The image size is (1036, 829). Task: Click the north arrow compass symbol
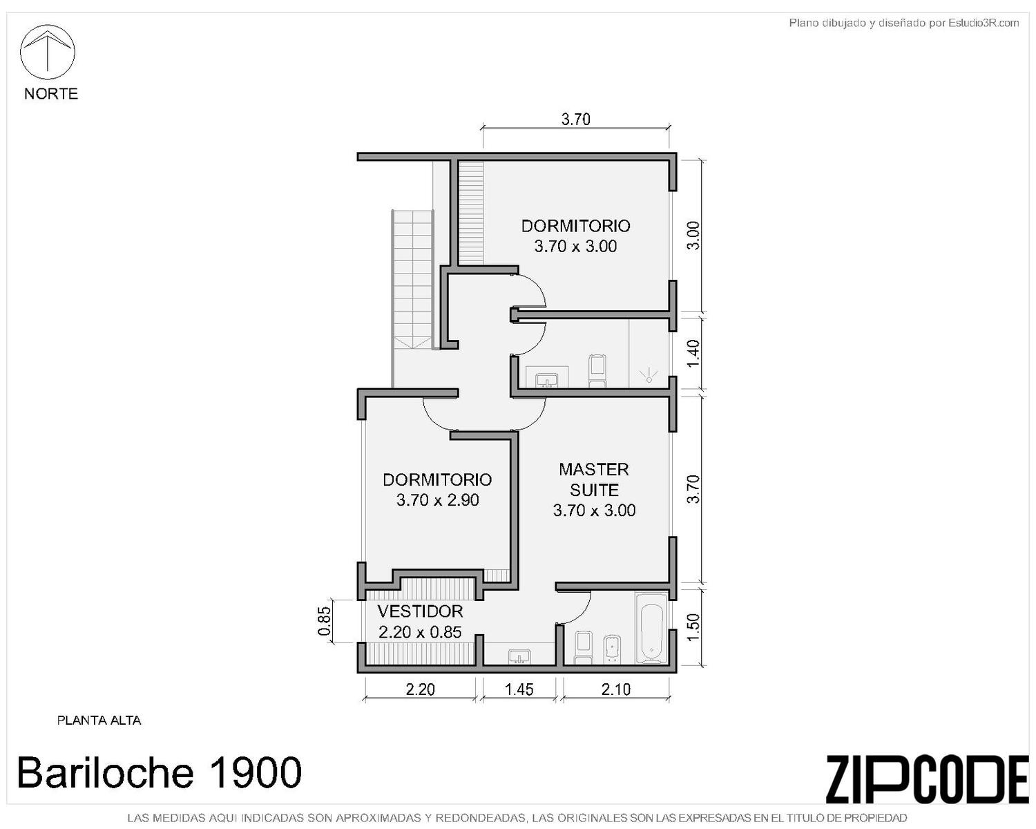(x=47, y=52)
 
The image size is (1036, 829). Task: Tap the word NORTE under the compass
(x=51, y=93)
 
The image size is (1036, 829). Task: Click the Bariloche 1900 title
(x=160, y=772)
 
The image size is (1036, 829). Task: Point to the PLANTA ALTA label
(x=99, y=721)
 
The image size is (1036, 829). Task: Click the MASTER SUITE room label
(x=594, y=479)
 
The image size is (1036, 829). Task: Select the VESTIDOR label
(x=421, y=611)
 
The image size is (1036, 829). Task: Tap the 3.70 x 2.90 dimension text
(x=438, y=500)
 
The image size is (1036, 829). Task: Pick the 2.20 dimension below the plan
(x=421, y=689)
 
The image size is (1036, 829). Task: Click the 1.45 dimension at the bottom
(x=519, y=689)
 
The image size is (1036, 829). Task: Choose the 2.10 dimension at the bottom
(x=615, y=689)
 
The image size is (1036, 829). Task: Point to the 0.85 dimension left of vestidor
(x=325, y=620)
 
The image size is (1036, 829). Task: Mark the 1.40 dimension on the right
(x=693, y=354)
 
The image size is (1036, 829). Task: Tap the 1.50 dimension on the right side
(x=693, y=627)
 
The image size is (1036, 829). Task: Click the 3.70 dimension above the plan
(x=576, y=119)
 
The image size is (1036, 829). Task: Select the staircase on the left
(x=413, y=279)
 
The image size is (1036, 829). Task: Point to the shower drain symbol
(x=649, y=377)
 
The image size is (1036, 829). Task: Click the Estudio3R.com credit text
(x=903, y=23)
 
